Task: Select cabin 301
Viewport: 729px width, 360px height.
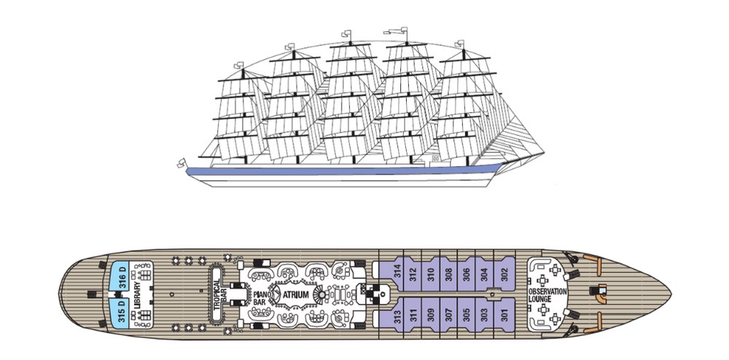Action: (x=504, y=314)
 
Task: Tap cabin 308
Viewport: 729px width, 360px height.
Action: (x=448, y=274)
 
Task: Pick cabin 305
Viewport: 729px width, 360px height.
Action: (x=467, y=314)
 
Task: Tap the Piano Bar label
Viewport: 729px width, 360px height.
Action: (x=260, y=298)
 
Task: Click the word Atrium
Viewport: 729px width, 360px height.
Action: (x=296, y=294)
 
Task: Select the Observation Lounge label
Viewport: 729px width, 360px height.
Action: (x=547, y=295)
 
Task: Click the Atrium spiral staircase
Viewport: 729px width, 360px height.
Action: (x=321, y=294)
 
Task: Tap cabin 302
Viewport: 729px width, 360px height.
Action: (x=504, y=274)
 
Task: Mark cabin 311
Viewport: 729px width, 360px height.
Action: (x=413, y=314)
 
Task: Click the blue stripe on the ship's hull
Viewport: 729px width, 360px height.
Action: (x=344, y=171)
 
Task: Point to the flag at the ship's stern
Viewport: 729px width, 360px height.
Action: (x=182, y=163)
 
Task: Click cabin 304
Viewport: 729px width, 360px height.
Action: (x=485, y=274)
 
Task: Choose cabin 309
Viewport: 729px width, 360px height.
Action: (x=431, y=314)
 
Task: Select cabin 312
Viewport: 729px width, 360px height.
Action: (x=413, y=274)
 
